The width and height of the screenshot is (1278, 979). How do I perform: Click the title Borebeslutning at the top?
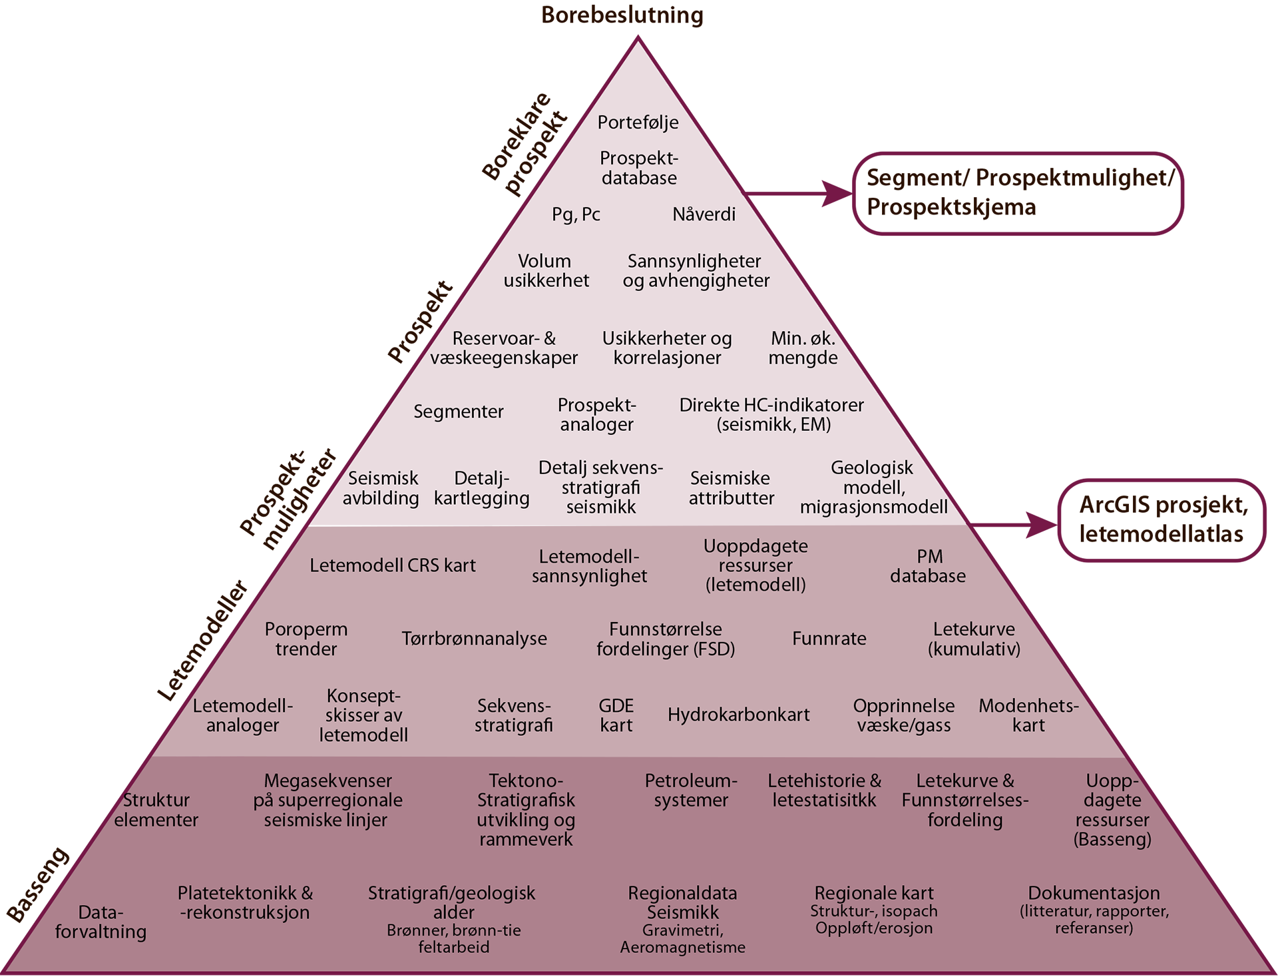622,15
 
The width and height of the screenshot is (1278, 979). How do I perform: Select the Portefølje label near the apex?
638,123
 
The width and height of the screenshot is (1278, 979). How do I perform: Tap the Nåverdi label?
704,214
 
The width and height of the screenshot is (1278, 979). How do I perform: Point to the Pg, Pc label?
576,214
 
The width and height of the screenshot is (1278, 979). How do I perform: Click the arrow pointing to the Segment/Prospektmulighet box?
798,194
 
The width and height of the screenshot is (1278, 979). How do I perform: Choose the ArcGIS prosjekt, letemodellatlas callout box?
1162,520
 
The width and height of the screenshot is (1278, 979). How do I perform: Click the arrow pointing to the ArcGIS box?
1013,525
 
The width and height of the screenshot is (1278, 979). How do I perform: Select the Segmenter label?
459,412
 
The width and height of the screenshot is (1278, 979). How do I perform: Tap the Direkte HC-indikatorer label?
771,414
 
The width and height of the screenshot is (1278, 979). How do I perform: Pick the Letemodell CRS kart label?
393,565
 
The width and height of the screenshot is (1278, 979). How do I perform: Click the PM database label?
928,566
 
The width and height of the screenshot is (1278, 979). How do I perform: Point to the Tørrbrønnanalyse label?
474,639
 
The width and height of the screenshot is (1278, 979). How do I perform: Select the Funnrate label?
829,639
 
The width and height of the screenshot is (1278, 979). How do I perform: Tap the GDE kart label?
616,715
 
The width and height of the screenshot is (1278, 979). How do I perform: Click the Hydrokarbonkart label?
738,715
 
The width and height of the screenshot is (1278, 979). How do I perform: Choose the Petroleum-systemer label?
691,791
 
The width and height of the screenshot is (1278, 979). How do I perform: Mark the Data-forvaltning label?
101,922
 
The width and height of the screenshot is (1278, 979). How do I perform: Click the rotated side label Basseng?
39,884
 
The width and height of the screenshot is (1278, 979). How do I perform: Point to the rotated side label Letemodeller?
203,641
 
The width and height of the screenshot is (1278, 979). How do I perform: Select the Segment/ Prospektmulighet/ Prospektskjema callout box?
1018,193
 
